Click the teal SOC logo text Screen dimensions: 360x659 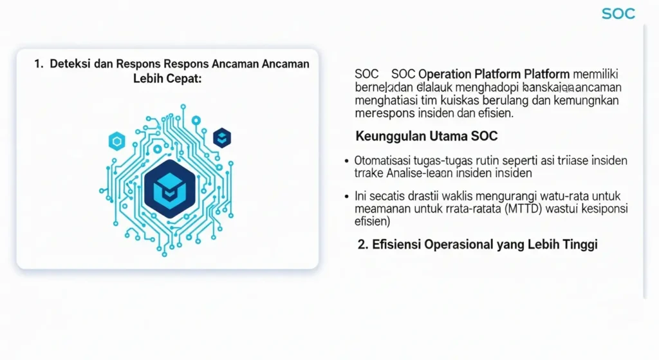pos(618,14)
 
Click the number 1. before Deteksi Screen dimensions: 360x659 pos(39,64)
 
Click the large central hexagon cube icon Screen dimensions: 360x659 pos(167,187)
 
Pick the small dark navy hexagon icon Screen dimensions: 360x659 pos(222,137)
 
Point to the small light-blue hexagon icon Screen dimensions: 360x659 pos(116,140)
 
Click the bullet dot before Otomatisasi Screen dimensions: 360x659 pos(348,160)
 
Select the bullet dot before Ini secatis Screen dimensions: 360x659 pos(348,196)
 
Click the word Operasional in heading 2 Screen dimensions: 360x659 pos(456,245)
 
